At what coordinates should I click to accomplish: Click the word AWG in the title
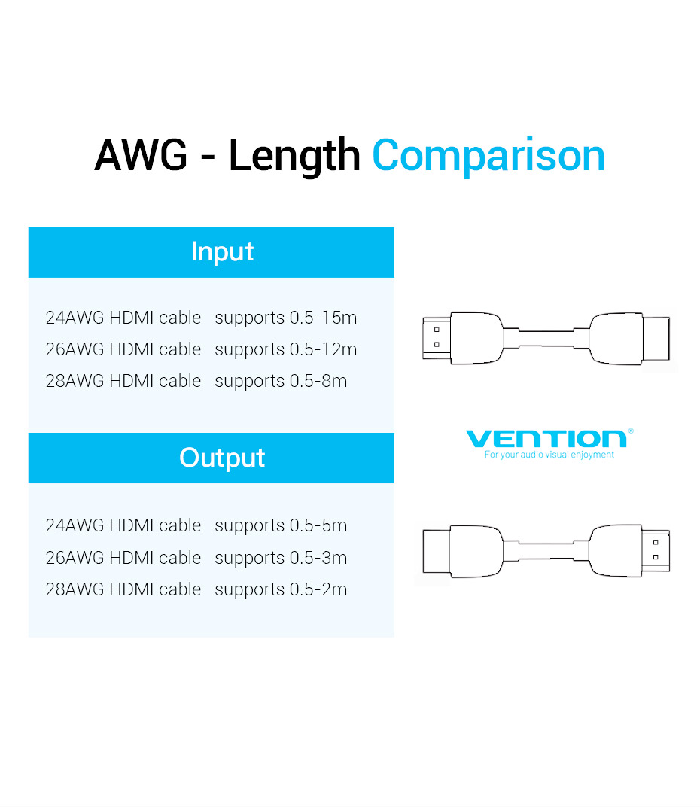pyautogui.click(x=141, y=155)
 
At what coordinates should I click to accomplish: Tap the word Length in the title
pyautogui.click(x=294, y=157)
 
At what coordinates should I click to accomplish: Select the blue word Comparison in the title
pyautogui.click(x=488, y=157)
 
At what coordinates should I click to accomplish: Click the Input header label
pyautogui.click(x=222, y=252)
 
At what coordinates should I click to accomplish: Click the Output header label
pyautogui.click(x=222, y=458)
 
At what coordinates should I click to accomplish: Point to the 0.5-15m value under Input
pyautogui.click(x=323, y=318)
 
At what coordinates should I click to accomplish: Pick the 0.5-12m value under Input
pyautogui.click(x=323, y=349)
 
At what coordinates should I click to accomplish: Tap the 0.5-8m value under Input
pyautogui.click(x=318, y=381)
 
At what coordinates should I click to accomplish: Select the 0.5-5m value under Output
pyautogui.click(x=318, y=525)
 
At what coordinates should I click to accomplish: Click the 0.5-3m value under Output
pyautogui.click(x=318, y=558)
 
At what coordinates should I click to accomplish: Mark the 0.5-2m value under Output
pyautogui.click(x=318, y=589)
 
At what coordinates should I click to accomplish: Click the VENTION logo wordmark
pyautogui.click(x=546, y=439)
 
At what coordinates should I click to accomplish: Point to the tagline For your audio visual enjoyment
pyautogui.click(x=549, y=455)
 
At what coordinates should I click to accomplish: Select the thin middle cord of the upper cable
pyautogui.click(x=546, y=338)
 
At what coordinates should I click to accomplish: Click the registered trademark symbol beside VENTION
pyautogui.click(x=631, y=431)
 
